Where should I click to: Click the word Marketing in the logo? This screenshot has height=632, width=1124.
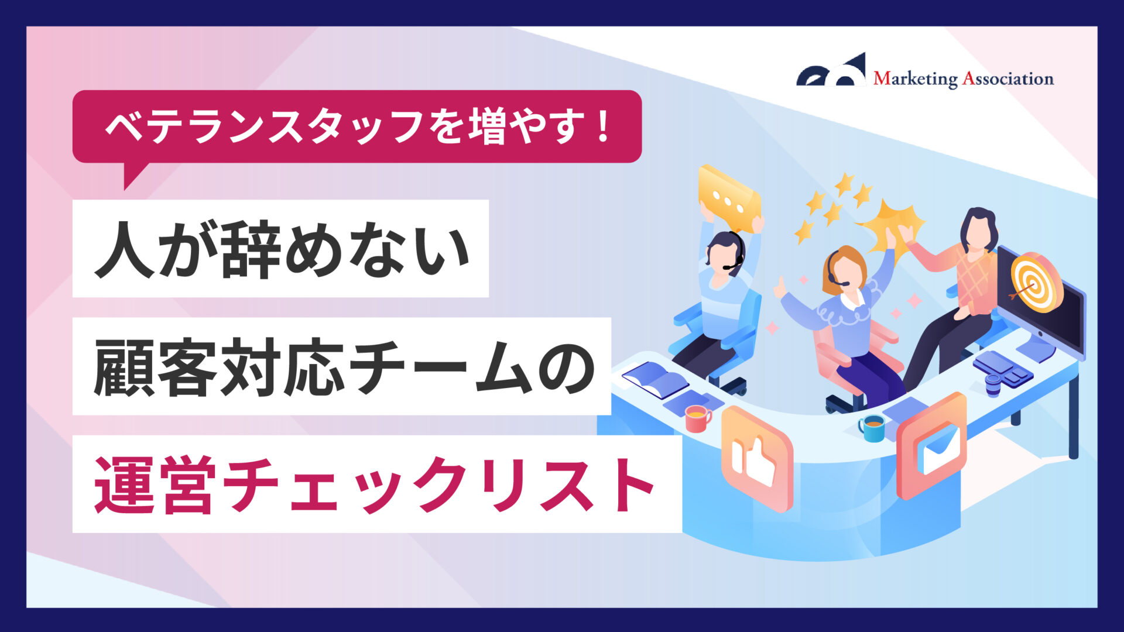pyautogui.click(x=915, y=78)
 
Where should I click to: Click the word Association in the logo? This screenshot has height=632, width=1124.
pyautogui.click(x=1008, y=78)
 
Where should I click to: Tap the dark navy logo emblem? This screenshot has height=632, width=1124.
pyautogui.click(x=831, y=70)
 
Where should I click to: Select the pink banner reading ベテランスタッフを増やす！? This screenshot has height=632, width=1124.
pyautogui.click(x=357, y=126)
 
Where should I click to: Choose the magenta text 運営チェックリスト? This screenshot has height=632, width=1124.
pyautogui.click(x=375, y=485)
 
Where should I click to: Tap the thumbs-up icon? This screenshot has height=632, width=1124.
pyautogui.click(x=757, y=459)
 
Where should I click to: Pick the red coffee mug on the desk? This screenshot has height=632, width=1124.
pyautogui.click(x=697, y=418)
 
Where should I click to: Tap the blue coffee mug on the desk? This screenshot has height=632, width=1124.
pyautogui.click(x=872, y=428)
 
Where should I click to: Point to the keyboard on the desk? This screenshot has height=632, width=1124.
pyautogui.click(x=1002, y=367)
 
